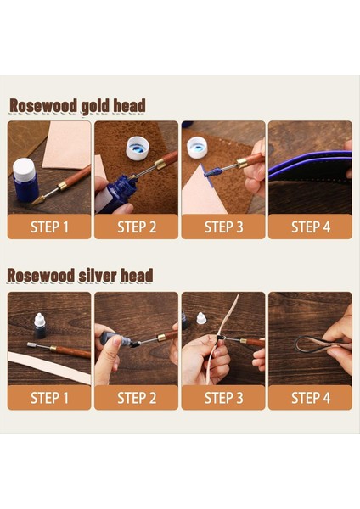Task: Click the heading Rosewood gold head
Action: pos(77,106)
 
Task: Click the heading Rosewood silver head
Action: pos(81,276)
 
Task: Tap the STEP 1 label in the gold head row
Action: pos(49,227)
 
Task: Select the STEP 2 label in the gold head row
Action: pos(136,227)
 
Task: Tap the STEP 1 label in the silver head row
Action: pos(49,398)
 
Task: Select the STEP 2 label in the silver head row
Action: pos(136,398)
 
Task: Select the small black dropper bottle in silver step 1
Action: pos(39,324)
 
